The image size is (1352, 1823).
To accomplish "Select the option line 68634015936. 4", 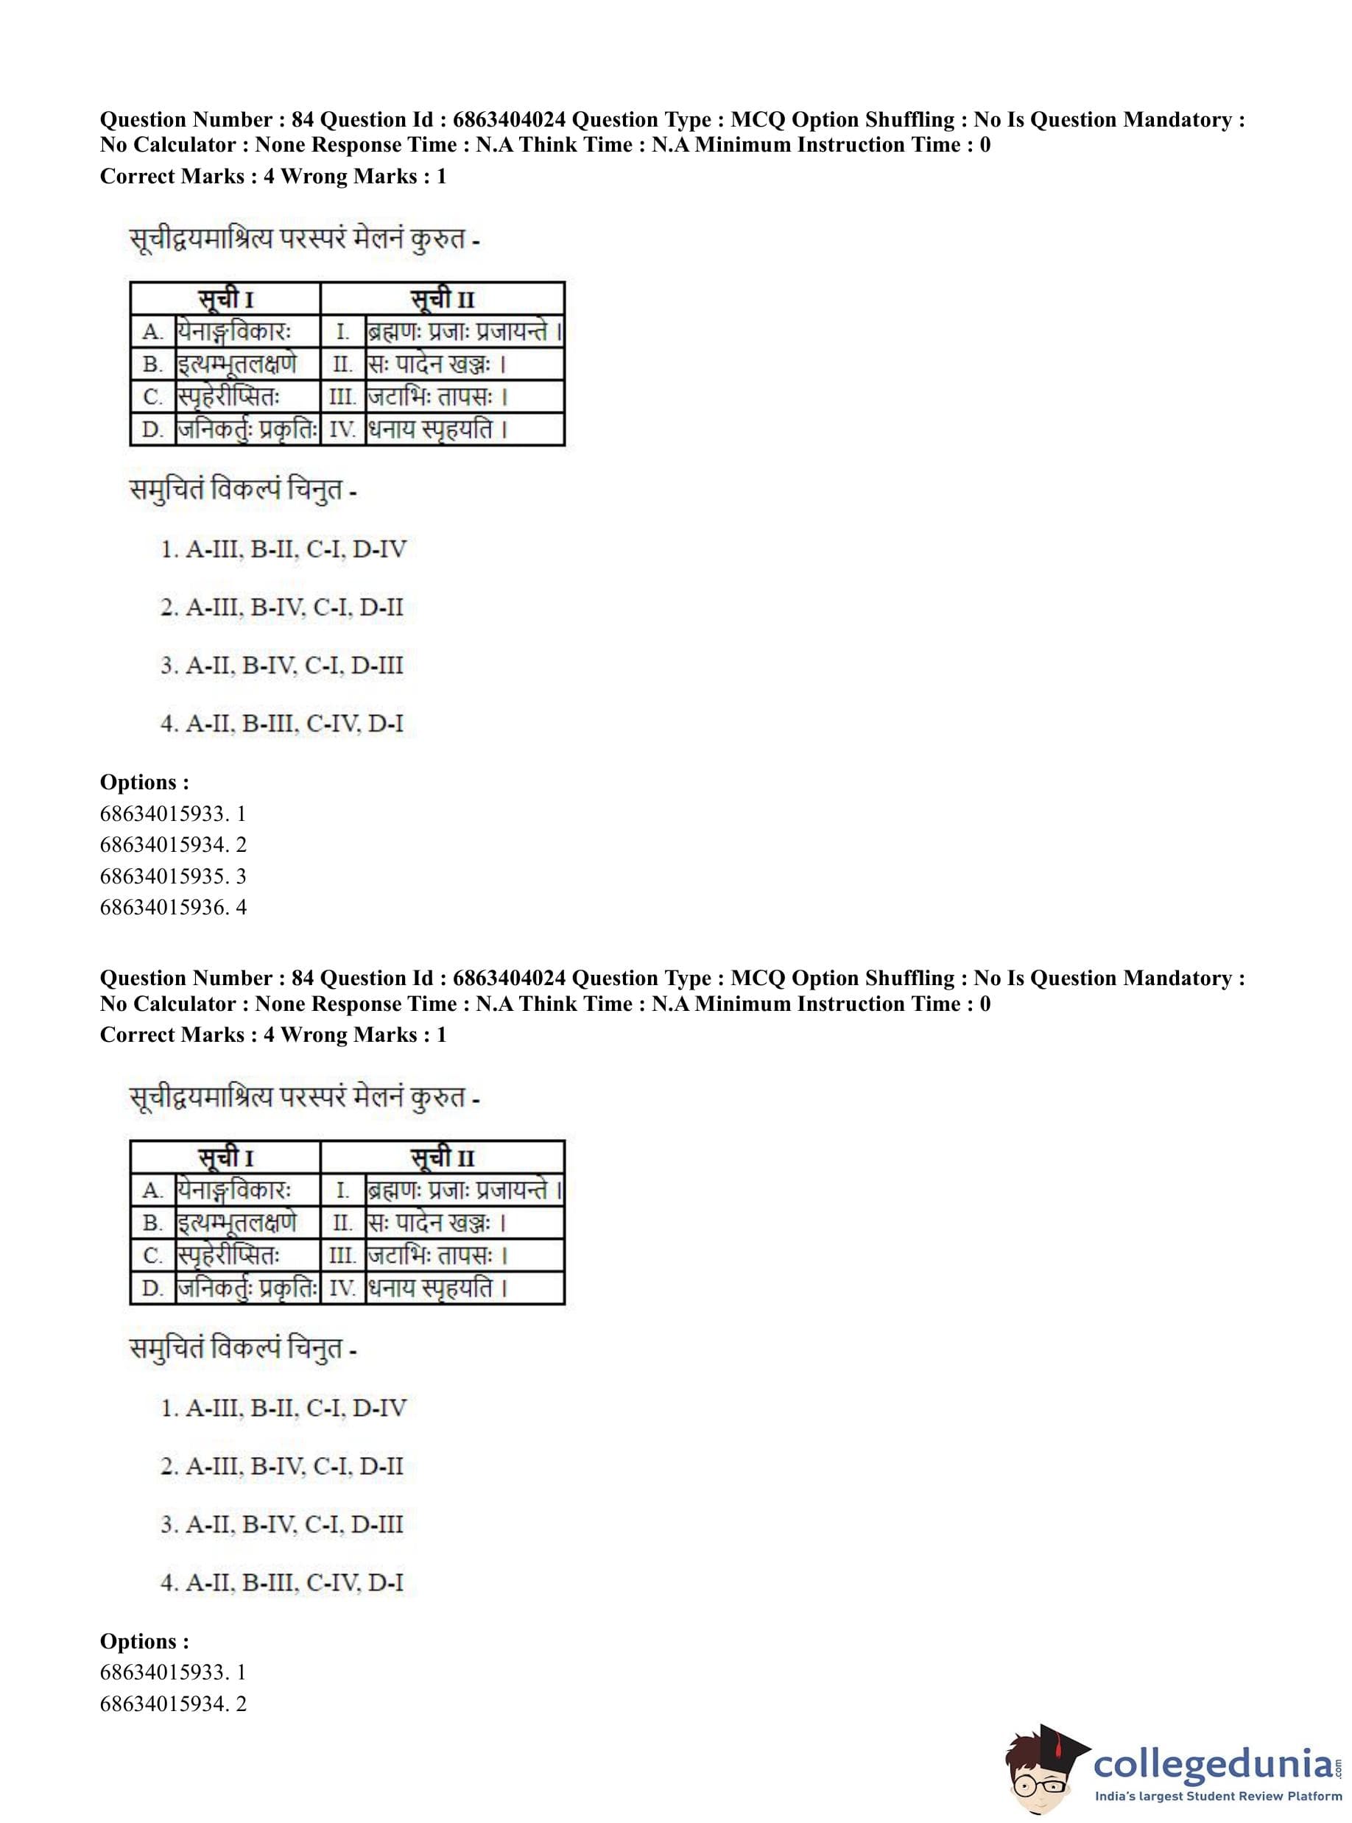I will [x=173, y=907].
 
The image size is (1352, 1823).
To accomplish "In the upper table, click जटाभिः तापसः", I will [x=439, y=398].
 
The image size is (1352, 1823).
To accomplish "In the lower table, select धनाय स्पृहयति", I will [x=439, y=1288].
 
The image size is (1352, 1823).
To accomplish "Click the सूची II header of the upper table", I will [x=442, y=299].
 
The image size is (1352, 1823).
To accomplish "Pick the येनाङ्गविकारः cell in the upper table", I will [x=234, y=332].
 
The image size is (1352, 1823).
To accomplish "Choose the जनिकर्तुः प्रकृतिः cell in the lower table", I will [x=247, y=1288].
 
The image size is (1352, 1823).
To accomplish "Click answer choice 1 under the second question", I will [x=284, y=1408].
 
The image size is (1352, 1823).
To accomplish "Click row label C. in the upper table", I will [x=153, y=398].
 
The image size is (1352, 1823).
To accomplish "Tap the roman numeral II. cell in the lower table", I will [x=342, y=1223].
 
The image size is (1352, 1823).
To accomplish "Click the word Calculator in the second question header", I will [x=199, y=1004].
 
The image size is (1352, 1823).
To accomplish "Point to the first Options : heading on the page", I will [x=144, y=782].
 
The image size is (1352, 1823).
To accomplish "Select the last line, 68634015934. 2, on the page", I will [x=173, y=1704].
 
